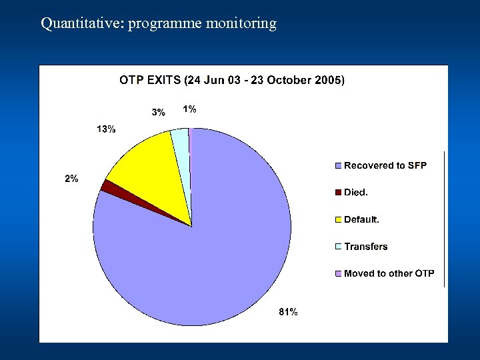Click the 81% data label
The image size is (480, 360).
coord(288,311)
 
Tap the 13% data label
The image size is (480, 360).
coord(106,129)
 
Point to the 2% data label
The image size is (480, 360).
coord(71,178)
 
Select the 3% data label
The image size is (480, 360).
coord(158,113)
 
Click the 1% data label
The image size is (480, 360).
coord(190,109)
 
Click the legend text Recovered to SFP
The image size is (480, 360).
coord(385,165)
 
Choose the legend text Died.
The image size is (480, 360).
coord(356,193)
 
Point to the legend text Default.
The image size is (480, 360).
coord(361,219)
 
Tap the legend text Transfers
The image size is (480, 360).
coord(365,247)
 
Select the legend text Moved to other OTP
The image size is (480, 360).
coord(389,273)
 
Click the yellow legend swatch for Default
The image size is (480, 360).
coord(338,219)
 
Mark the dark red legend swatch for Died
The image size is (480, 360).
coord(338,193)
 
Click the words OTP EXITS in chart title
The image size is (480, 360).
coord(150,80)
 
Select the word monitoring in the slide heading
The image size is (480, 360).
coord(241,24)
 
